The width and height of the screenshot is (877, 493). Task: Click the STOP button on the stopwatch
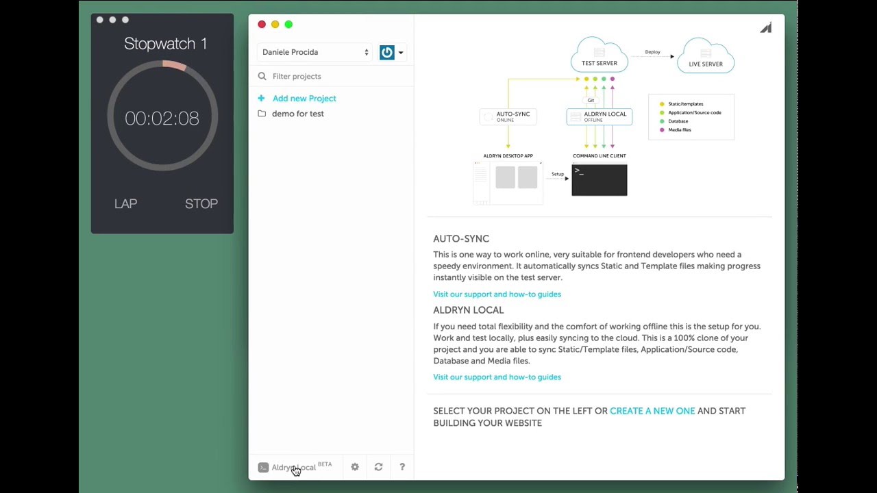pos(201,203)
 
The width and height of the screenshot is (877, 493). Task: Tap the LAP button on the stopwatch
pos(125,203)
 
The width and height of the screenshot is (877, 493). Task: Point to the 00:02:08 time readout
pos(162,118)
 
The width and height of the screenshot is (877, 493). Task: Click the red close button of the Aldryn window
pos(262,24)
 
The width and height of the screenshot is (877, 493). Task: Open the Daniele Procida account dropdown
pos(314,52)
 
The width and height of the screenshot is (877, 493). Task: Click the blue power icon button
pos(387,52)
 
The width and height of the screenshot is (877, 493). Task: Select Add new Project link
pos(304,98)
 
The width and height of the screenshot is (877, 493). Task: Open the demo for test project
pos(297,114)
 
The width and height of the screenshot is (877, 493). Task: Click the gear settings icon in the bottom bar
pos(355,467)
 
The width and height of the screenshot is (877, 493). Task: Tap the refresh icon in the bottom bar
pos(379,467)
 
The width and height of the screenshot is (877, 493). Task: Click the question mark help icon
pos(402,467)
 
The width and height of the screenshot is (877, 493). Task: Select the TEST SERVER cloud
pos(600,55)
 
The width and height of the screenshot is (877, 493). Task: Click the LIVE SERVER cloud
pos(706,55)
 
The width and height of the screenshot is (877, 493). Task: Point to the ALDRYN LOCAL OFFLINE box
pos(600,116)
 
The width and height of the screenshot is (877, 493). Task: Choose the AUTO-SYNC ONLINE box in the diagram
pos(508,116)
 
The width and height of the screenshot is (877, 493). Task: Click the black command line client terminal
pos(600,180)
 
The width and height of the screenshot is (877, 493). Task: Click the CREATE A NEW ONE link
pos(652,411)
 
